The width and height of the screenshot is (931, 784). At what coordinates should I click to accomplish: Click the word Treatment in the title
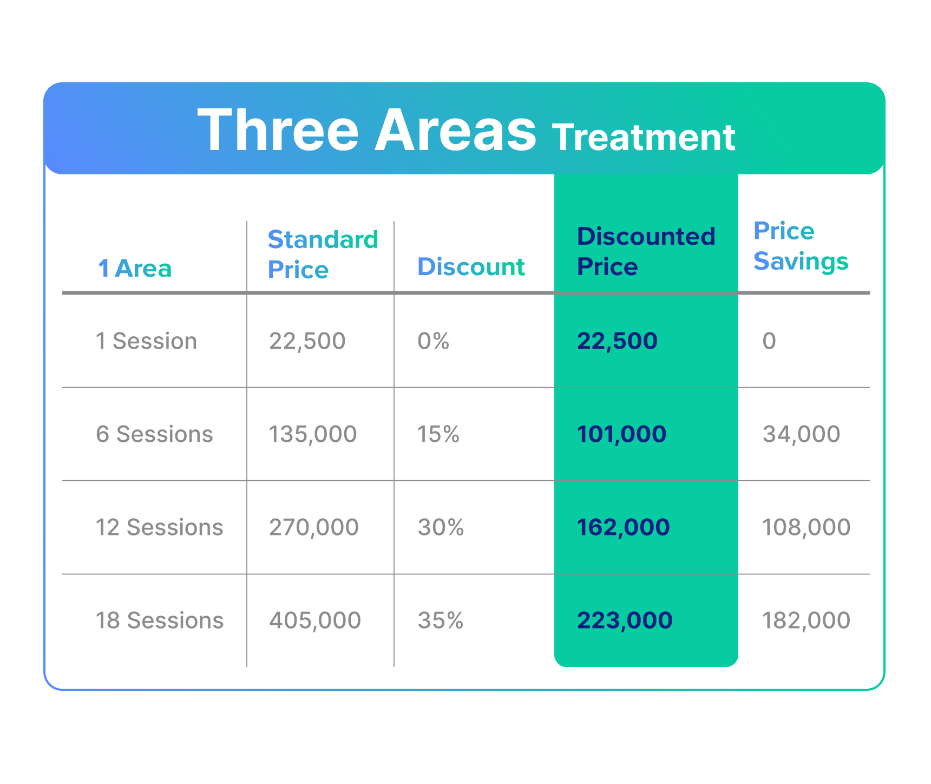point(644,137)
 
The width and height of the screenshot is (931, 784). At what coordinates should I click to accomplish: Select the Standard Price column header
point(323,254)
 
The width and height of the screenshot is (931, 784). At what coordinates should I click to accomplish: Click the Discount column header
point(471,267)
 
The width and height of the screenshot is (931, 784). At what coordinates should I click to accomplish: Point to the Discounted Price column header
point(646,252)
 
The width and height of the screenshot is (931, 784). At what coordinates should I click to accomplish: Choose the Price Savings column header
point(801,246)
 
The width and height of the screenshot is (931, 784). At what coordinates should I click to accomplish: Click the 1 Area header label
point(135,269)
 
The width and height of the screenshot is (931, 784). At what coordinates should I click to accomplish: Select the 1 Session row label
point(146,341)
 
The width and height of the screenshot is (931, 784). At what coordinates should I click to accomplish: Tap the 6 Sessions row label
point(154,434)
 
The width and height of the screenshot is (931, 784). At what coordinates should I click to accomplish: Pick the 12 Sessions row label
point(160,527)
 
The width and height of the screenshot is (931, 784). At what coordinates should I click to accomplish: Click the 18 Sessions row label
point(160,620)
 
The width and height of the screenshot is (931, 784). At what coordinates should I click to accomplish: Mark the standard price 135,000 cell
point(313,434)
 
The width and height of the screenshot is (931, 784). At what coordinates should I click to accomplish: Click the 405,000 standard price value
point(315,620)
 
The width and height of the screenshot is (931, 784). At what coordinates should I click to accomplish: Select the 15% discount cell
point(438,434)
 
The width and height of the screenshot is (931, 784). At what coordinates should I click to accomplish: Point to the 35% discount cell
point(441,620)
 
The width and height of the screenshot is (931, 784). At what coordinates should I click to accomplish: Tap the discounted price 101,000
point(622,434)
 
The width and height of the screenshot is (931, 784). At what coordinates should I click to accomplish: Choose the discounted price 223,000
point(625,620)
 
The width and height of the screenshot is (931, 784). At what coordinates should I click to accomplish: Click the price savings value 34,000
point(802,434)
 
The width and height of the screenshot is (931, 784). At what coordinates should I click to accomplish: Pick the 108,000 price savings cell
point(807,527)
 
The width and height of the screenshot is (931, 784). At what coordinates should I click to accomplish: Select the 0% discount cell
point(434,341)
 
